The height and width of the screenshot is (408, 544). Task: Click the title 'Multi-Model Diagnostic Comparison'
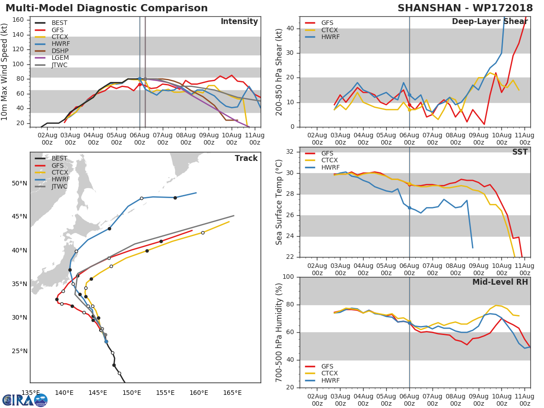click(x=107, y=8)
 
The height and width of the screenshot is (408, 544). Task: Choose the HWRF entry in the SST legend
click(x=330, y=168)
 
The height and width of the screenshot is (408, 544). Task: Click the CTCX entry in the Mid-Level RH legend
click(x=330, y=374)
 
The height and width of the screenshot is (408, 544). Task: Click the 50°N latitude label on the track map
click(x=19, y=183)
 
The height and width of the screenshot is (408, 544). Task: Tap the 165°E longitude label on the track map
click(x=232, y=393)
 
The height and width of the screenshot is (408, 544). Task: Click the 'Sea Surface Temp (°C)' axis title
click(x=279, y=202)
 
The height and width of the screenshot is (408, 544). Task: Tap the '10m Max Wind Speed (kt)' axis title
click(x=5, y=73)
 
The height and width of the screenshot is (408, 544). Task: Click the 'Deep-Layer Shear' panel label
click(x=490, y=22)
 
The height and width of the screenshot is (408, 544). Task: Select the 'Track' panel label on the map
click(x=246, y=158)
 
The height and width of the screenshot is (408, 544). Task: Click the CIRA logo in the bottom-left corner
click(x=25, y=400)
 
